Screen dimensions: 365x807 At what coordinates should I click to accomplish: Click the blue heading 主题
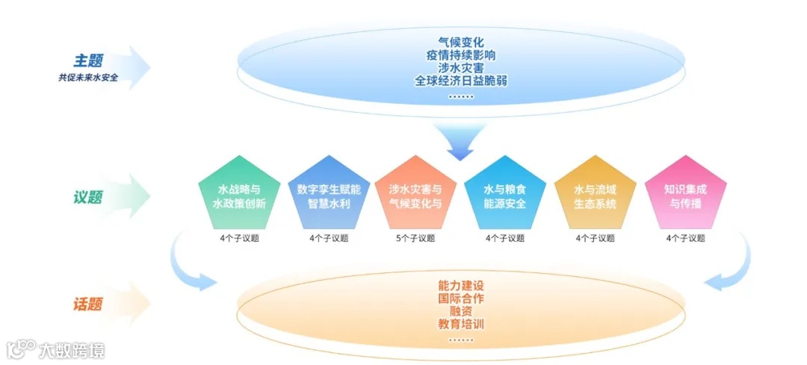87,60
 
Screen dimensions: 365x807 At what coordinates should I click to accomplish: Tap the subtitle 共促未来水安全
88,77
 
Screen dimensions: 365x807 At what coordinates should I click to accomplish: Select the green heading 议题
87,198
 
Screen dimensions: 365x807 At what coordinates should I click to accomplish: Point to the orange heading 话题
87,305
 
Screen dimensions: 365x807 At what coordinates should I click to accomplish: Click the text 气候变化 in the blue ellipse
461,41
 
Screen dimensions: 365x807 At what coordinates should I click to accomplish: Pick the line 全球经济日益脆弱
461,81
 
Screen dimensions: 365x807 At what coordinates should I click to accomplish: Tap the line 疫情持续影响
461,54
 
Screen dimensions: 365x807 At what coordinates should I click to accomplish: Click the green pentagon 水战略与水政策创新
239,194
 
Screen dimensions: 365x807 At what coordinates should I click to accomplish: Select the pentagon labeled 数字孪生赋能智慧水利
329,194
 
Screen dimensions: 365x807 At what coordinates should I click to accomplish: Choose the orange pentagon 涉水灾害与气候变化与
416,194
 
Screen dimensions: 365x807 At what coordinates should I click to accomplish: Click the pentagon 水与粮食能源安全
505,194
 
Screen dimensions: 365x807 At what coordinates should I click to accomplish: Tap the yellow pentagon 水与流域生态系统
595,194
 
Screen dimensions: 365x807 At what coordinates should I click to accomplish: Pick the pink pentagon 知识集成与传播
685,194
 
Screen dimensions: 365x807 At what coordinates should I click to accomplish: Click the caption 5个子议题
416,239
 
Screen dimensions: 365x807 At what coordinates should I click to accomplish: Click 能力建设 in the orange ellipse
461,285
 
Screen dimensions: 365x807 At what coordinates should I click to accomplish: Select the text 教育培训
461,324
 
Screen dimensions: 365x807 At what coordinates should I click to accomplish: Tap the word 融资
461,311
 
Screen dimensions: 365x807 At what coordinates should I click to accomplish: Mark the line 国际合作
461,299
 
